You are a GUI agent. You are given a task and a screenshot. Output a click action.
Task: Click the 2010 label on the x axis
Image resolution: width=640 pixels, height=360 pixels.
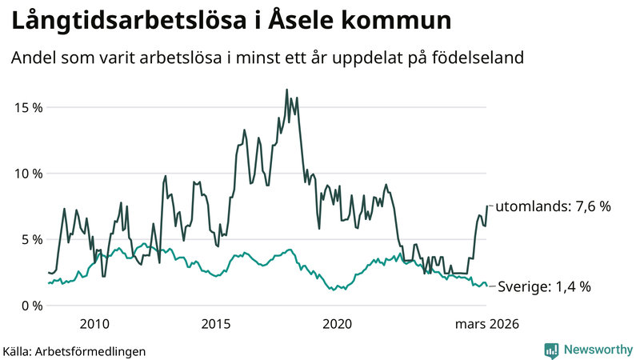(x=94, y=324)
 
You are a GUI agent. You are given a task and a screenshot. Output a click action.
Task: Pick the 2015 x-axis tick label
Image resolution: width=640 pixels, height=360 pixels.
(x=216, y=324)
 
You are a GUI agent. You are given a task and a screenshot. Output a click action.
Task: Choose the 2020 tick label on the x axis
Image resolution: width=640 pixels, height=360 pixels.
(x=337, y=324)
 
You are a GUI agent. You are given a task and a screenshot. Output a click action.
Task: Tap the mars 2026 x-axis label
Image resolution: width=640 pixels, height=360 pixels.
(x=486, y=324)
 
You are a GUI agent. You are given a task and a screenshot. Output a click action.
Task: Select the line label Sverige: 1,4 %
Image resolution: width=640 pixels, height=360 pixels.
(x=544, y=286)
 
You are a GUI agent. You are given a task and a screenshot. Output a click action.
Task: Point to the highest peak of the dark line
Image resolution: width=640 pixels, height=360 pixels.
(x=286, y=90)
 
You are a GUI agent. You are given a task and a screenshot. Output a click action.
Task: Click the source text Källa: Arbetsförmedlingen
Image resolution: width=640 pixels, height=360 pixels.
(x=74, y=350)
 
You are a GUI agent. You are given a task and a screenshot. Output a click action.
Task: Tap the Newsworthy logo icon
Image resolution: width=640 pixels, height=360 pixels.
(x=551, y=350)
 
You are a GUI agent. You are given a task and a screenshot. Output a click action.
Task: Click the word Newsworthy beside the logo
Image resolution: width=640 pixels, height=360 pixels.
(x=597, y=350)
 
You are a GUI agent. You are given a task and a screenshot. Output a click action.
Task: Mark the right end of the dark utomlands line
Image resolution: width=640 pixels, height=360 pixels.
(x=486, y=206)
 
